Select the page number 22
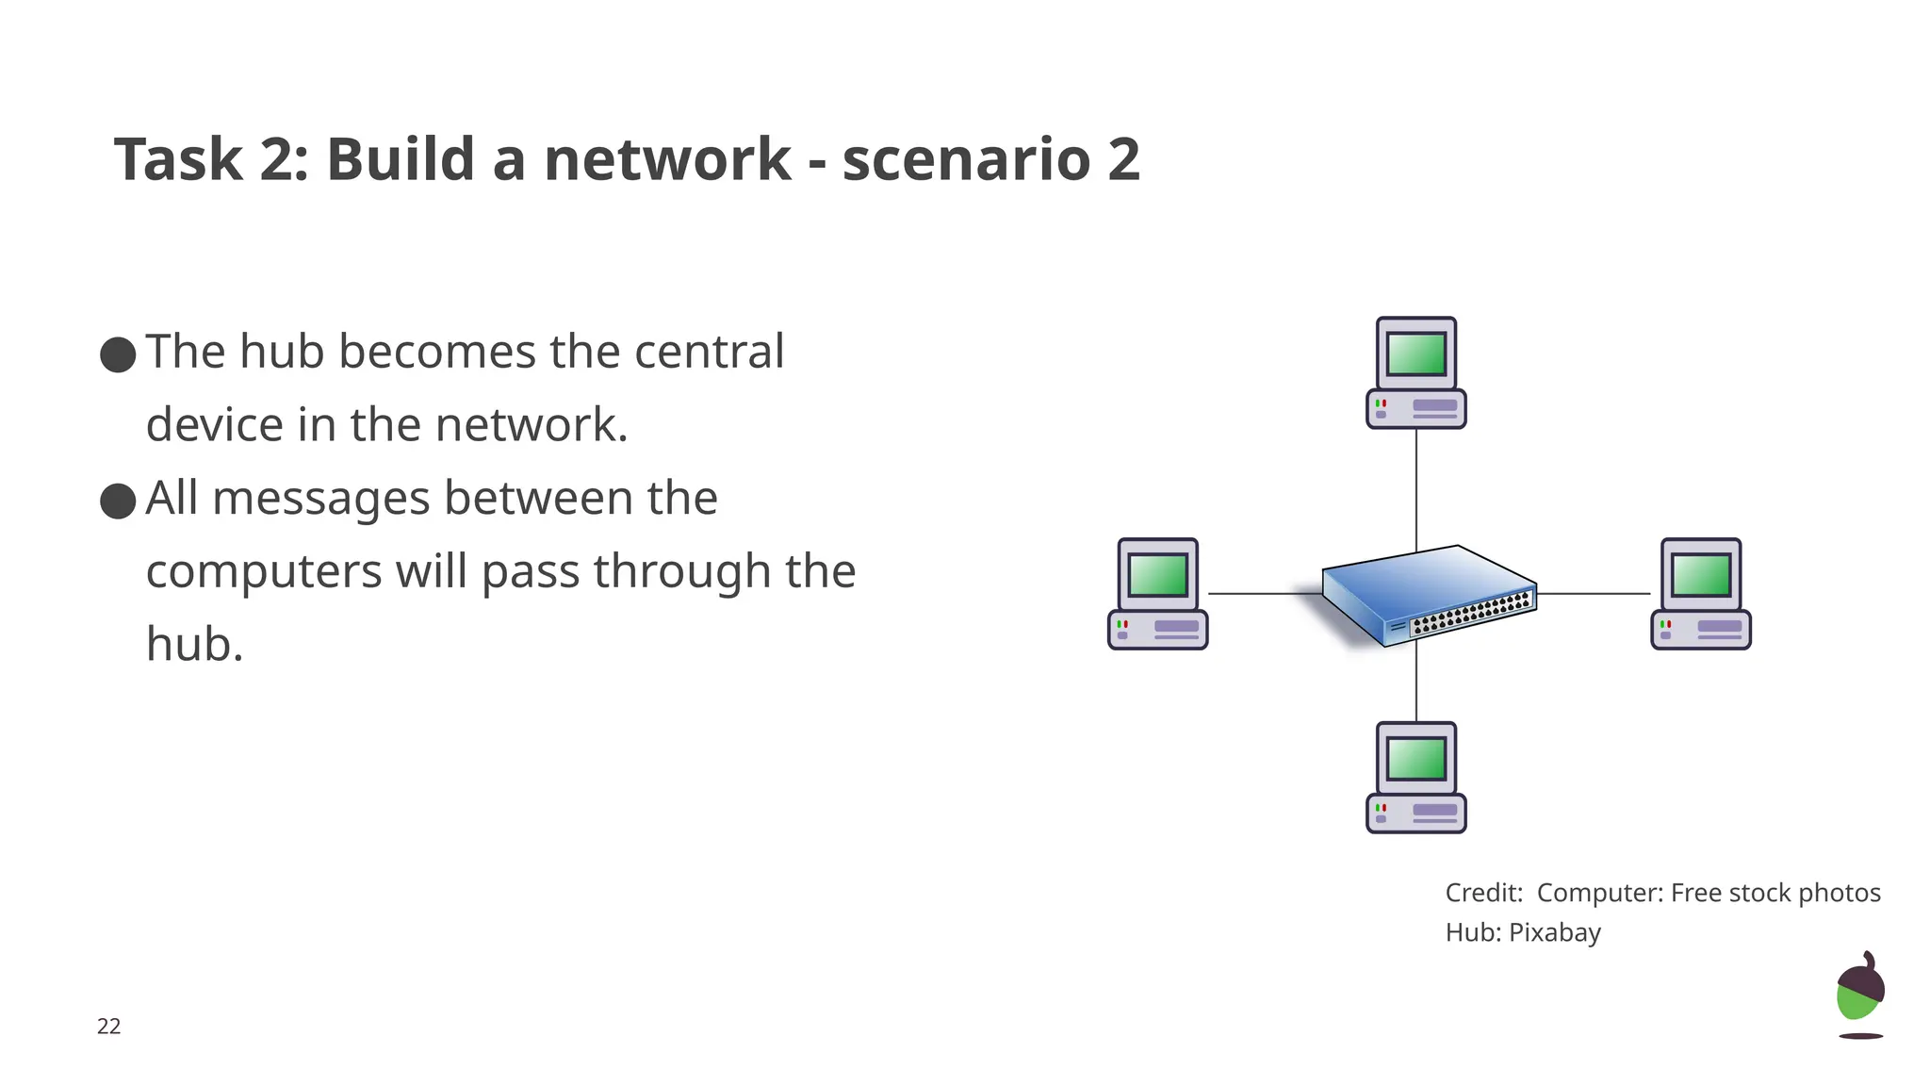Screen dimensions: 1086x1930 pyautogui.click(x=108, y=1027)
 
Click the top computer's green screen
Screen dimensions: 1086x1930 pyautogui.click(x=1416, y=354)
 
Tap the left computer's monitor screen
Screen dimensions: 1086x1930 pyautogui.click(x=1157, y=575)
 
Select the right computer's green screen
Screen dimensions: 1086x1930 pyautogui.click(x=1700, y=575)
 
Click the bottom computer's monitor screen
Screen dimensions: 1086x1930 pyautogui.click(x=1416, y=759)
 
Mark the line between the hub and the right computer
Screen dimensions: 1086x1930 pyautogui.click(x=1593, y=594)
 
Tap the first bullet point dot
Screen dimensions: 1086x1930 pyautogui.click(x=118, y=355)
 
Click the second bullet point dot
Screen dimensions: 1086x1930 pyautogui.click(x=118, y=502)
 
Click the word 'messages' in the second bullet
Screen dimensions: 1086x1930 pyautogui.click(x=320, y=498)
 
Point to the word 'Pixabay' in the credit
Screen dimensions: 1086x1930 pyautogui.click(x=1555, y=932)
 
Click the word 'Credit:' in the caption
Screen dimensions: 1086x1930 pyautogui.click(x=1483, y=893)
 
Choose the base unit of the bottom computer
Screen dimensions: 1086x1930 pyautogui.click(x=1416, y=814)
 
